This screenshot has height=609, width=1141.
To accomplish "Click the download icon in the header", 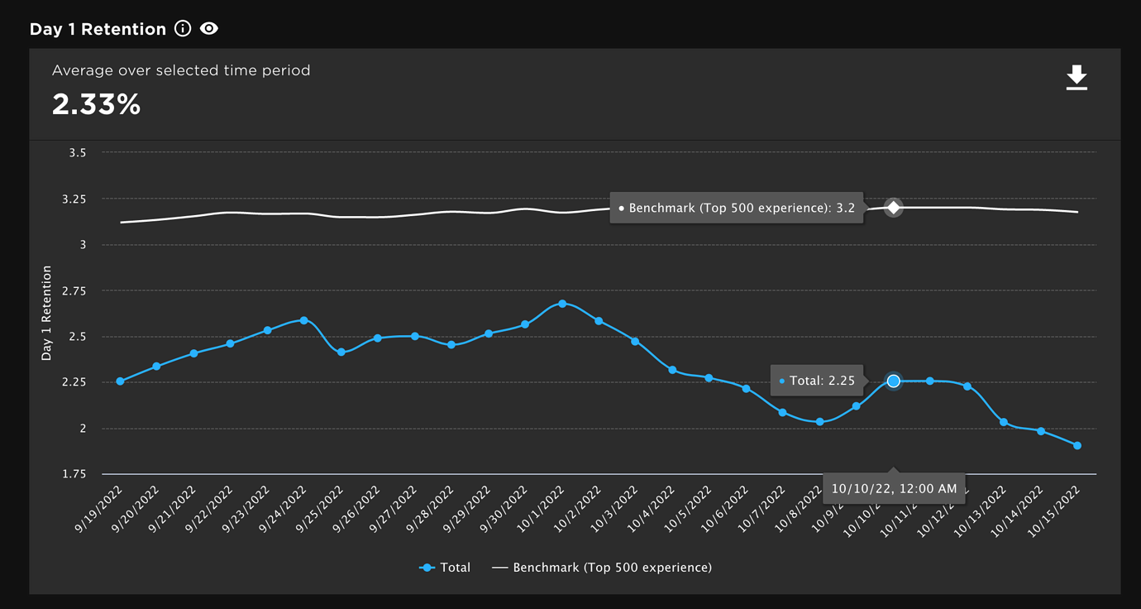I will tap(1076, 78).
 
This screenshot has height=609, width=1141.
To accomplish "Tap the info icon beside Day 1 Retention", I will tap(183, 29).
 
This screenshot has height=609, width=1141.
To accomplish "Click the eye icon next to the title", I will tap(209, 29).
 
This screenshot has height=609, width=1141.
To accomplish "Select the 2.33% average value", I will tap(96, 104).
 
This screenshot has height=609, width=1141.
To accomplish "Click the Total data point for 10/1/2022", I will tap(562, 304).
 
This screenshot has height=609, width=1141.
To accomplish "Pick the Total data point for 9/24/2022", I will tap(304, 320).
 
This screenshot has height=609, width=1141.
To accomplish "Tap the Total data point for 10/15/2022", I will tap(1077, 445).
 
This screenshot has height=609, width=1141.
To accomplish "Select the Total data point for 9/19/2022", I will tap(120, 381).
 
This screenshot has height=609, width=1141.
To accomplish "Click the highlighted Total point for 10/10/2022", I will tap(893, 381).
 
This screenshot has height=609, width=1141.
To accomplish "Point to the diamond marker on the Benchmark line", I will tap(893, 208).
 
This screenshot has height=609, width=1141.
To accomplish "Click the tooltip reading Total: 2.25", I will tap(817, 381).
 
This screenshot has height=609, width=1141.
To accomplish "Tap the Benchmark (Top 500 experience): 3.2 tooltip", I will tap(736, 209).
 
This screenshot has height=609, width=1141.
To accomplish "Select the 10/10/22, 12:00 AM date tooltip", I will tap(894, 488).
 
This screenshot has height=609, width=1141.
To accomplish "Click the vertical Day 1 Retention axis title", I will tap(47, 313).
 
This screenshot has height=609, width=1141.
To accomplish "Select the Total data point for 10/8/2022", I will tap(819, 422).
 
